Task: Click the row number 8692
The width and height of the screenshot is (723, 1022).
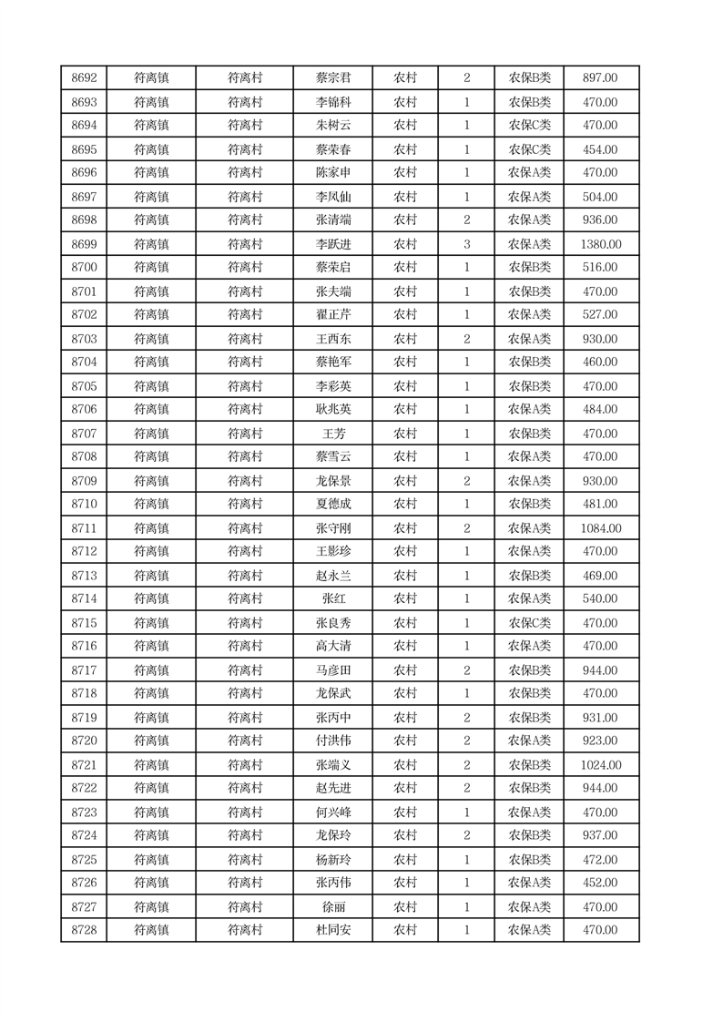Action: coord(84,78)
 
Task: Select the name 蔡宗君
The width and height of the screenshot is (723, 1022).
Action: coord(332,78)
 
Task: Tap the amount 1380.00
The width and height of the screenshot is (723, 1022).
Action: coord(600,244)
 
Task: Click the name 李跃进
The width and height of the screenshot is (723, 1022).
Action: coord(332,244)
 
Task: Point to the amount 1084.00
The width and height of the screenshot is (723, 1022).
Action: coord(600,528)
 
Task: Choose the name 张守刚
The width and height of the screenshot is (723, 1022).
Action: coord(332,528)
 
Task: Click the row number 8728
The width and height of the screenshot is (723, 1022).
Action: coord(84,930)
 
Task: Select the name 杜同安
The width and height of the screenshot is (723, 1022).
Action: coord(332,930)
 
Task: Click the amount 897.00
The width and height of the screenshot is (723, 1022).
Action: coord(600,78)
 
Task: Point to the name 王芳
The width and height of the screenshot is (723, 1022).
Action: coord(332,434)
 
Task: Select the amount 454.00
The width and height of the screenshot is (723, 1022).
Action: coord(600,149)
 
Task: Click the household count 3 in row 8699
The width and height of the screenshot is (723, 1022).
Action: coord(466,244)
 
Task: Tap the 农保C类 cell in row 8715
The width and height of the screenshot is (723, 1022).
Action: coord(529,623)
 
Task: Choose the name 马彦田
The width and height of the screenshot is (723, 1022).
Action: coord(332,670)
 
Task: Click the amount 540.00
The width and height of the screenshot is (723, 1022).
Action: coord(600,598)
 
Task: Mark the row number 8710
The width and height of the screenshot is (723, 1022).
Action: coord(84,504)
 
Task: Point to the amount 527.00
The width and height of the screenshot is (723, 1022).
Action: coord(600,314)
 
